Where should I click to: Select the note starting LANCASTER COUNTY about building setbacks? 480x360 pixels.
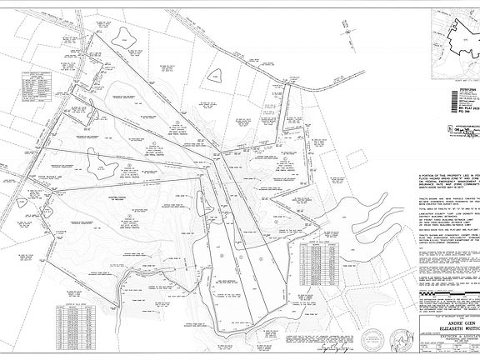point(450,216)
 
